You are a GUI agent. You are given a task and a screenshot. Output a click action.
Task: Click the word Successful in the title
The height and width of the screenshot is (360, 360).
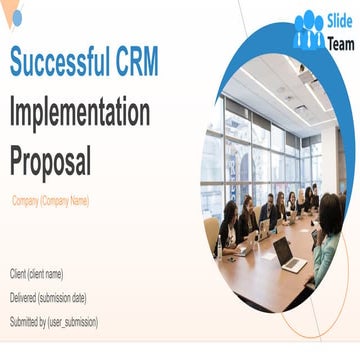(66, 63)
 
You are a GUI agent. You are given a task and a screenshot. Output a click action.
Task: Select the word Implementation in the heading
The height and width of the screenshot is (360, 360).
(80, 112)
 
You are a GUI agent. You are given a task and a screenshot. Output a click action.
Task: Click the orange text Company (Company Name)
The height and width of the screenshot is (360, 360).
(50, 201)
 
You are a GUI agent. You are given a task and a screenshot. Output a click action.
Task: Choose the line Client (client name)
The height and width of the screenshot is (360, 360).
(37, 273)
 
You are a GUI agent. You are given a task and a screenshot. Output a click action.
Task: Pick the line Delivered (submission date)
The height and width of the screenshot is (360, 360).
(48, 297)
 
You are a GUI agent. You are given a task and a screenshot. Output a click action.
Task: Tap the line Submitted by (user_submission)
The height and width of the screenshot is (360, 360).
(54, 321)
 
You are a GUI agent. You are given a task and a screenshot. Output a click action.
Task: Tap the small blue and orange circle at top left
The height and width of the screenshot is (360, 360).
(16, 18)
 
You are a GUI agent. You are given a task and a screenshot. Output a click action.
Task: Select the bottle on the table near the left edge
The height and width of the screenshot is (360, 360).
(220, 245)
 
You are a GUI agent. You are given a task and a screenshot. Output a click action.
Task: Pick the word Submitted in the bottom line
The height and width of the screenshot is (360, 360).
(28, 321)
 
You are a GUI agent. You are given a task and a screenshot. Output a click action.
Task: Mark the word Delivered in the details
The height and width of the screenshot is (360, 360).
(27, 297)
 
